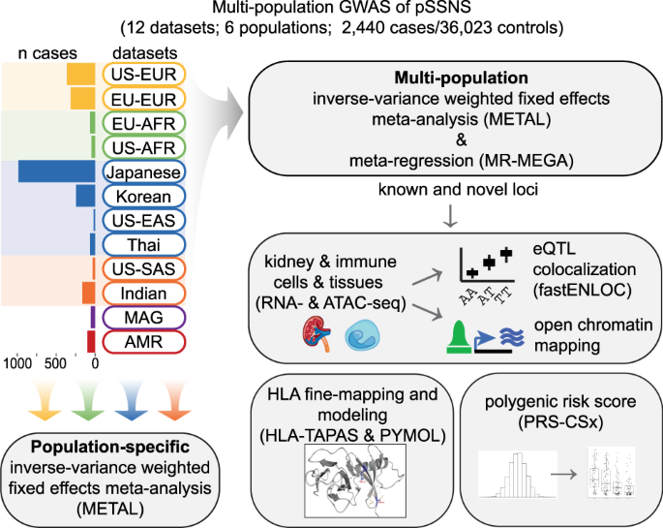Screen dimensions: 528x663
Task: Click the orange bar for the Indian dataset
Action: [87, 293]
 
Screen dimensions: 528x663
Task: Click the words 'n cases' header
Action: [42, 50]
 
